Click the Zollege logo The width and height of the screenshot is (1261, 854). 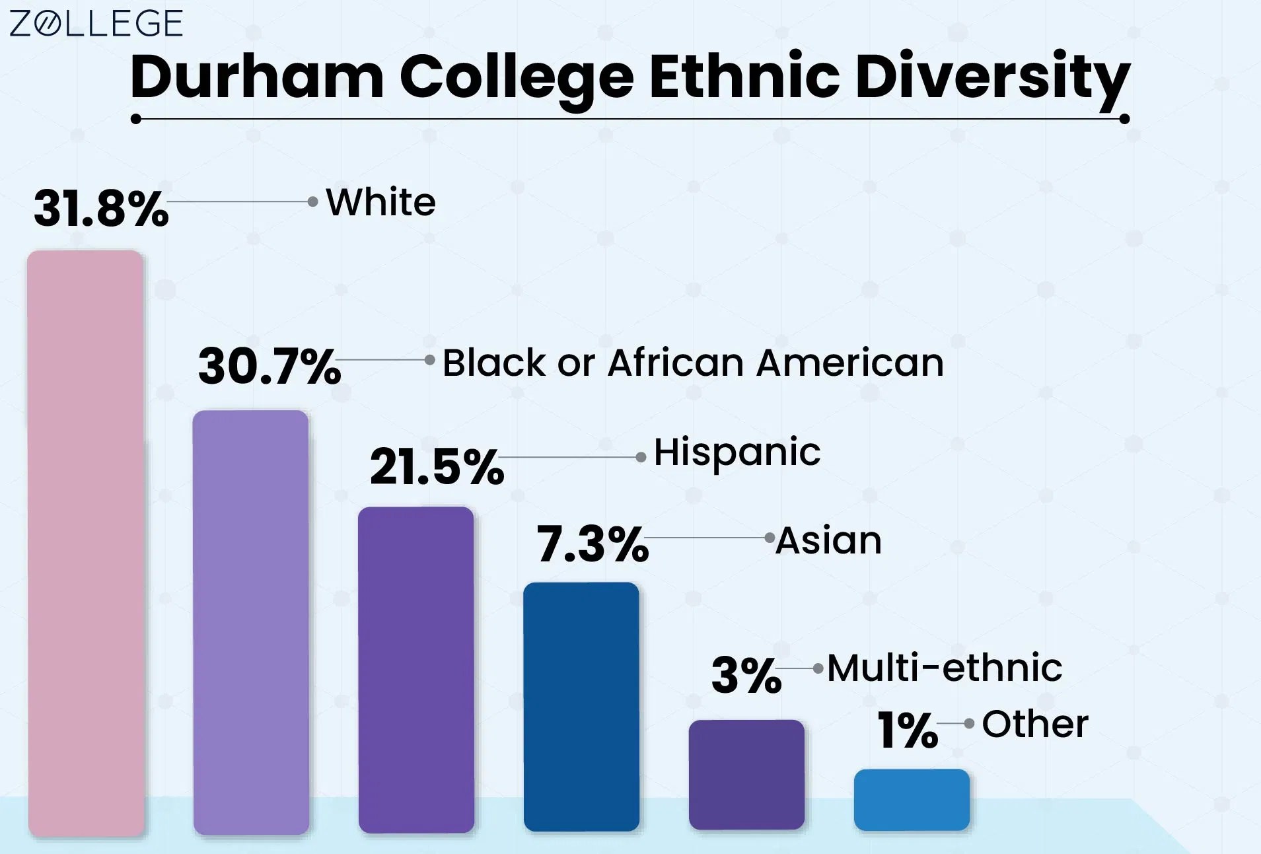coord(96,24)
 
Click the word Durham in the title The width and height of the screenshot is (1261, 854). coord(257,77)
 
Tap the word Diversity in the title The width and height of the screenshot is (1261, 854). coord(991,78)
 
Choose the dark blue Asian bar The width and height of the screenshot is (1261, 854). coord(581,707)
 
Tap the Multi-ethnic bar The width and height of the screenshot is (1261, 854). coord(746,774)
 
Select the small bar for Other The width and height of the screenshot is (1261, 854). coord(912,799)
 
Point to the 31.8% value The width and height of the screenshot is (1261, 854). coord(101,209)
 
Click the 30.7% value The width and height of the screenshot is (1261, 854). coord(270,366)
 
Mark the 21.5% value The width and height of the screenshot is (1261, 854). coord(437,466)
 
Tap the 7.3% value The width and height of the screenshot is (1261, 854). coord(593,544)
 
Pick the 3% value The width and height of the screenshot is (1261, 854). coord(746,675)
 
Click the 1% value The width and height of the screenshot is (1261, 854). coord(908,730)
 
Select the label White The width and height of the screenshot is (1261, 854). coord(381,202)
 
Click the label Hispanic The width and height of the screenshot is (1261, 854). coord(737,453)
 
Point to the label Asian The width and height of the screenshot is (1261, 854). coord(828,540)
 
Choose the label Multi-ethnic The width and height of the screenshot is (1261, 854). coord(945,668)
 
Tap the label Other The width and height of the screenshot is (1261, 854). coord(1035,724)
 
